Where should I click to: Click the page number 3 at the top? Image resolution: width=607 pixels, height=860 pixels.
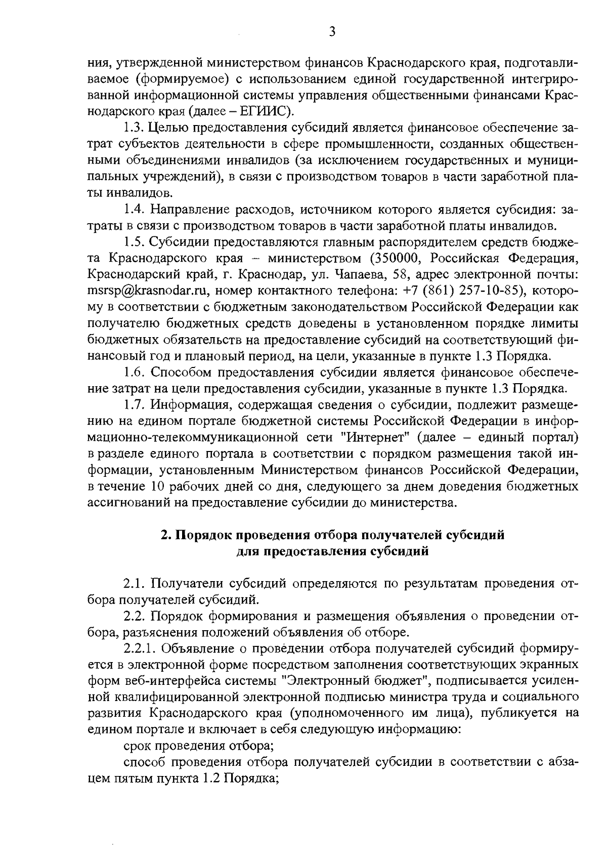point(332,32)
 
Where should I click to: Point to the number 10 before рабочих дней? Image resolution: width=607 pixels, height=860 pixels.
point(163,487)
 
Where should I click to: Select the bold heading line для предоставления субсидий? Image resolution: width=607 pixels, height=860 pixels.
point(332,552)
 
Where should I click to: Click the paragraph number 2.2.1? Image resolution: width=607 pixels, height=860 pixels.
point(139,649)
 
